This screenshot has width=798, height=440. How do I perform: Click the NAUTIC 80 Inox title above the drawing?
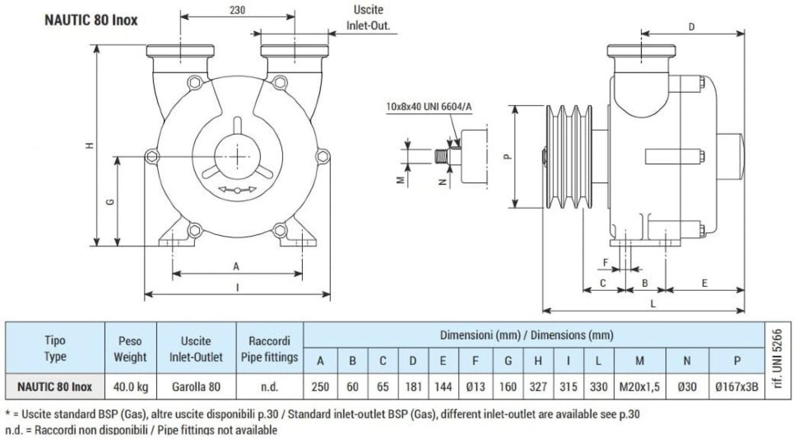pyautogui.click(x=91, y=20)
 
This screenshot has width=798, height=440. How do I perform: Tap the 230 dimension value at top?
pyautogui.click(x=237, y=10)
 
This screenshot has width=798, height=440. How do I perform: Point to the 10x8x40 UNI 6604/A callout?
pyautogui.click(x=429, y=106)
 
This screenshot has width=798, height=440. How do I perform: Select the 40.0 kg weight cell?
pyautogui.click(x=131, y=387)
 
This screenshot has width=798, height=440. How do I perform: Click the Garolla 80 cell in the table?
pyautogui.click(x=196, y=387)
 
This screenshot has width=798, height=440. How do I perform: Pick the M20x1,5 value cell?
pyautogui.click(x=639, y=387)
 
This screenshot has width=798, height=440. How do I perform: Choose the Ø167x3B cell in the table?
pyautogui.click(x=737, y=387)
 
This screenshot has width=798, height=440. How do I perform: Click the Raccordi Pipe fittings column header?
pyautogui.click(x=269, y=349)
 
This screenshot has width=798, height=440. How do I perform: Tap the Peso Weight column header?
pyautogui.click(x=130, y=349)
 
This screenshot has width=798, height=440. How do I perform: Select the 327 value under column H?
pyautogui.click(x=538, y=387)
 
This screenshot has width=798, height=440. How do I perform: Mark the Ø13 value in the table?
pyautogui.click(x=475, y=387)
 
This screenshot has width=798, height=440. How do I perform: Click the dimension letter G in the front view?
pyautogui.click(x=110, y=202)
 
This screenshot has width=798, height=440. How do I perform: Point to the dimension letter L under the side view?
pyautogui.click(x=653, y=304)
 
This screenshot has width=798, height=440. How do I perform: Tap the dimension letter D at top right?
pyautogui.click(x=691, y=27)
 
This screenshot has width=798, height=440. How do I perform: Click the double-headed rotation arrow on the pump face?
pyautogui.click(x=238, y=190)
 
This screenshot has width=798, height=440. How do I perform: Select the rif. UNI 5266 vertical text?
pyautogui.click(x=778, y=359)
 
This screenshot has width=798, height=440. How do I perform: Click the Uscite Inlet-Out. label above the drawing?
pyautogui.click(x=368, y=18)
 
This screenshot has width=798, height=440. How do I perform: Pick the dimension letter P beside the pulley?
pyautogui.click(x=507, y=156)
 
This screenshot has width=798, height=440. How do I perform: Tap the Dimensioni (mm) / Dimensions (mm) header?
pyautogui.click(x=526, y=335)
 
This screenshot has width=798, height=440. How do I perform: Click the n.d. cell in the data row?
pyautogui.click(x=269, y=387)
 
